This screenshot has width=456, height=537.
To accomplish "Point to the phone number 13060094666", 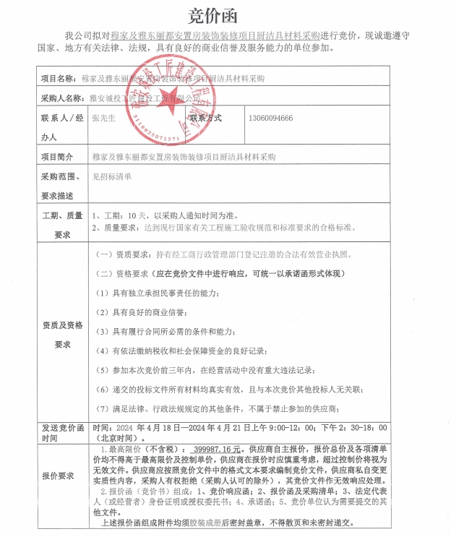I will [270, 118].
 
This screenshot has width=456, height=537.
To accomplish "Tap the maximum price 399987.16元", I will [214, 448].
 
